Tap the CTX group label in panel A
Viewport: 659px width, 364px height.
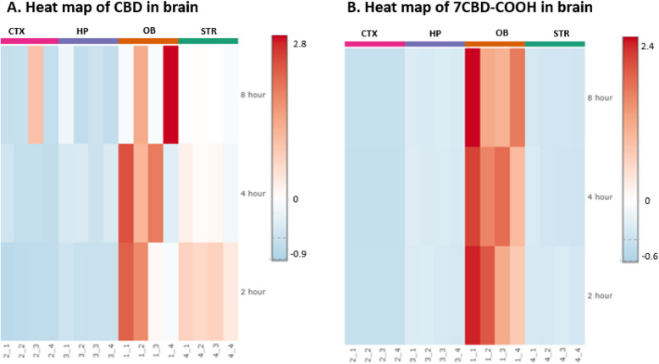[x=16, y=31]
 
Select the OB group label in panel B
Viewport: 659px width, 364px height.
[x=495, y=33]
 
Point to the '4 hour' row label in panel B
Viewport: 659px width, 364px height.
[x=601, y=196]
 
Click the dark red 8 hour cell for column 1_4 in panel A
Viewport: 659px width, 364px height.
[x=170, y=94]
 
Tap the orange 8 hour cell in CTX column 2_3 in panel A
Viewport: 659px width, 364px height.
[x=36, y=94]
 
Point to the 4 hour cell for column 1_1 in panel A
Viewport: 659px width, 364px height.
[x=125, y=193]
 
